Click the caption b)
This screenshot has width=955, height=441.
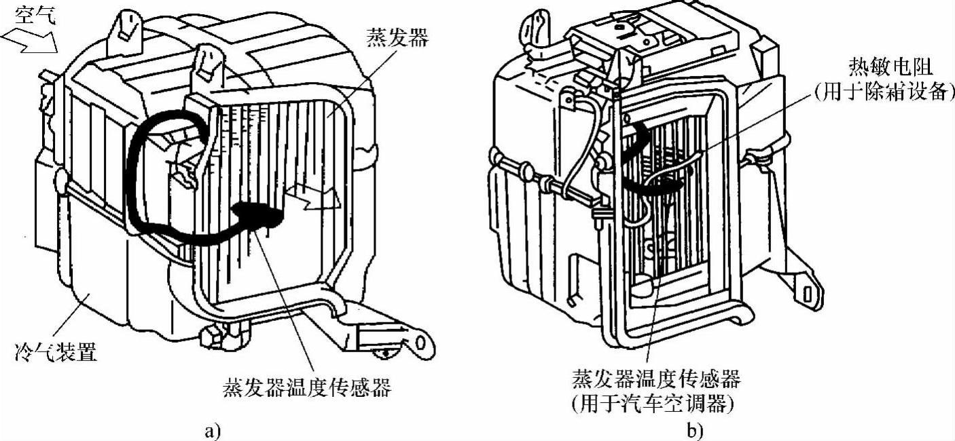[x=694, y=429]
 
